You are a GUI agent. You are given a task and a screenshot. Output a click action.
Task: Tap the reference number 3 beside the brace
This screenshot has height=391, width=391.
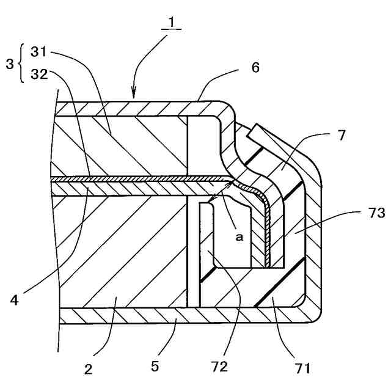pyautogui.click(x=9, y=64)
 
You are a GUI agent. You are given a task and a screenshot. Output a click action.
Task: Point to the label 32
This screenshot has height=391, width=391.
pyautogui.click(x=38, y=75)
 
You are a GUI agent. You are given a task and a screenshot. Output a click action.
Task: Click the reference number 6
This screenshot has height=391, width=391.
pyautogui.click(x=254, y=67)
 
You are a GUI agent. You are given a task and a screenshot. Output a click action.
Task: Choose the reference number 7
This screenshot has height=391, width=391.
pyautogui.click(x=340, y=135)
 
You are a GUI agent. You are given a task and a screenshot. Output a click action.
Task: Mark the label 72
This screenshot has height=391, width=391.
pyautogui.click(x=219, y=367)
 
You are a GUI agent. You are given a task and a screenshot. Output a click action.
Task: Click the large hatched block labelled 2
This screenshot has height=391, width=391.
pyautogui.click(x=122, y=250)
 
